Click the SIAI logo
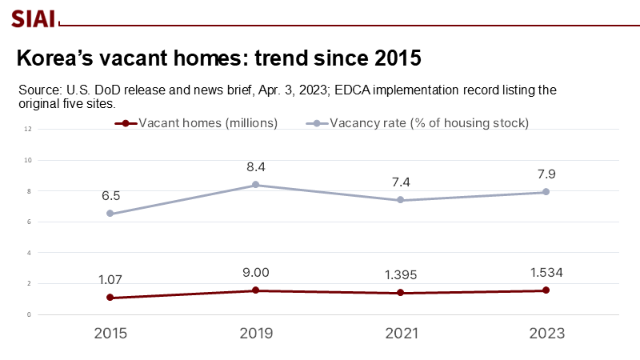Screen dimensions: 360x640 (x=33, y=18)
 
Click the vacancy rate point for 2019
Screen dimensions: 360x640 (x=255, y=185)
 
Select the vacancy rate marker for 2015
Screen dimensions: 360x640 (x=110, y=214)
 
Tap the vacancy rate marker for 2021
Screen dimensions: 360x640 (x=401, y=200)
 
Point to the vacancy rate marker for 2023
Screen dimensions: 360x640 (x=546, y=192)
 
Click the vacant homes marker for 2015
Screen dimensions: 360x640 (x=110, y=298)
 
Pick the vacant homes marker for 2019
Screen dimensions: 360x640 (x=255, y=290)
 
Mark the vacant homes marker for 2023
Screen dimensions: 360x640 (x=546, y=290)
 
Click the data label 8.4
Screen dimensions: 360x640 (x=256, y=167)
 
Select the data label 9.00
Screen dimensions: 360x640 (x=256, y=273)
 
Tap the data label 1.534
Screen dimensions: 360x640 (x=546, y=273)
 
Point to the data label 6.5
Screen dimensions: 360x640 (x=110, y=196)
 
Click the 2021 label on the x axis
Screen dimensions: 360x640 (x=401, y=333)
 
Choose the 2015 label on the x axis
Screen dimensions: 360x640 (x=110, y=333)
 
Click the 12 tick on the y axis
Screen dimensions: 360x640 (x=27, y=129)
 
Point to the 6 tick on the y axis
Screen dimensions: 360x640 (x=29, y=222)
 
